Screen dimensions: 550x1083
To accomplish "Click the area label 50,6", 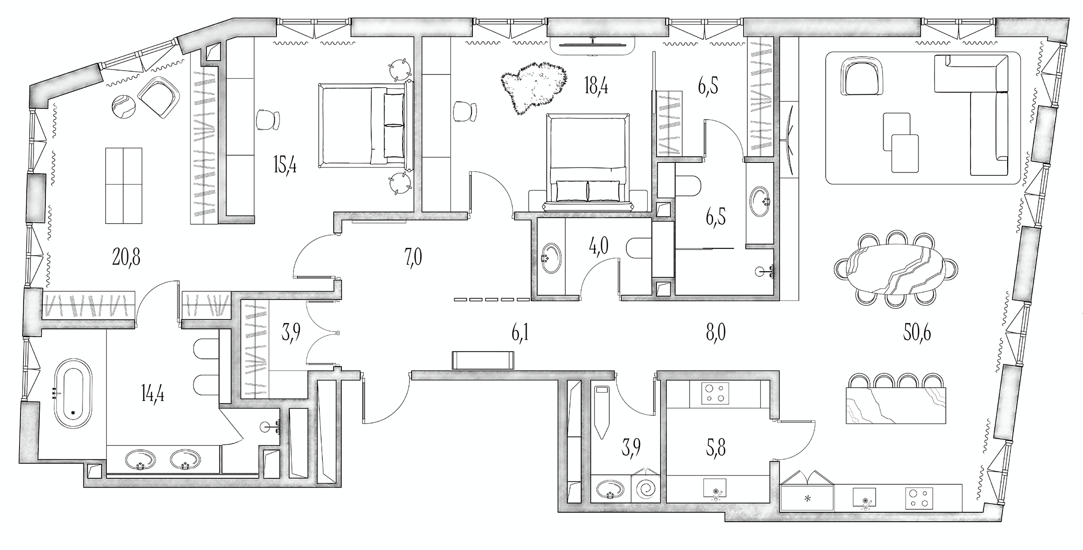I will click(x=916, y=334).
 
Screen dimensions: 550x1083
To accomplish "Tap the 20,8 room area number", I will click(x=126, y=256).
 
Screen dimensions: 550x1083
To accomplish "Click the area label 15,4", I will click(x=285, y=166).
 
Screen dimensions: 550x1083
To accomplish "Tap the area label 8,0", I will click(x=715, y=334).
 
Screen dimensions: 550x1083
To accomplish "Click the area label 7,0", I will click(x=413, y=256).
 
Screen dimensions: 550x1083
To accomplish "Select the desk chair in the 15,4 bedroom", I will click(x=269, y=120).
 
